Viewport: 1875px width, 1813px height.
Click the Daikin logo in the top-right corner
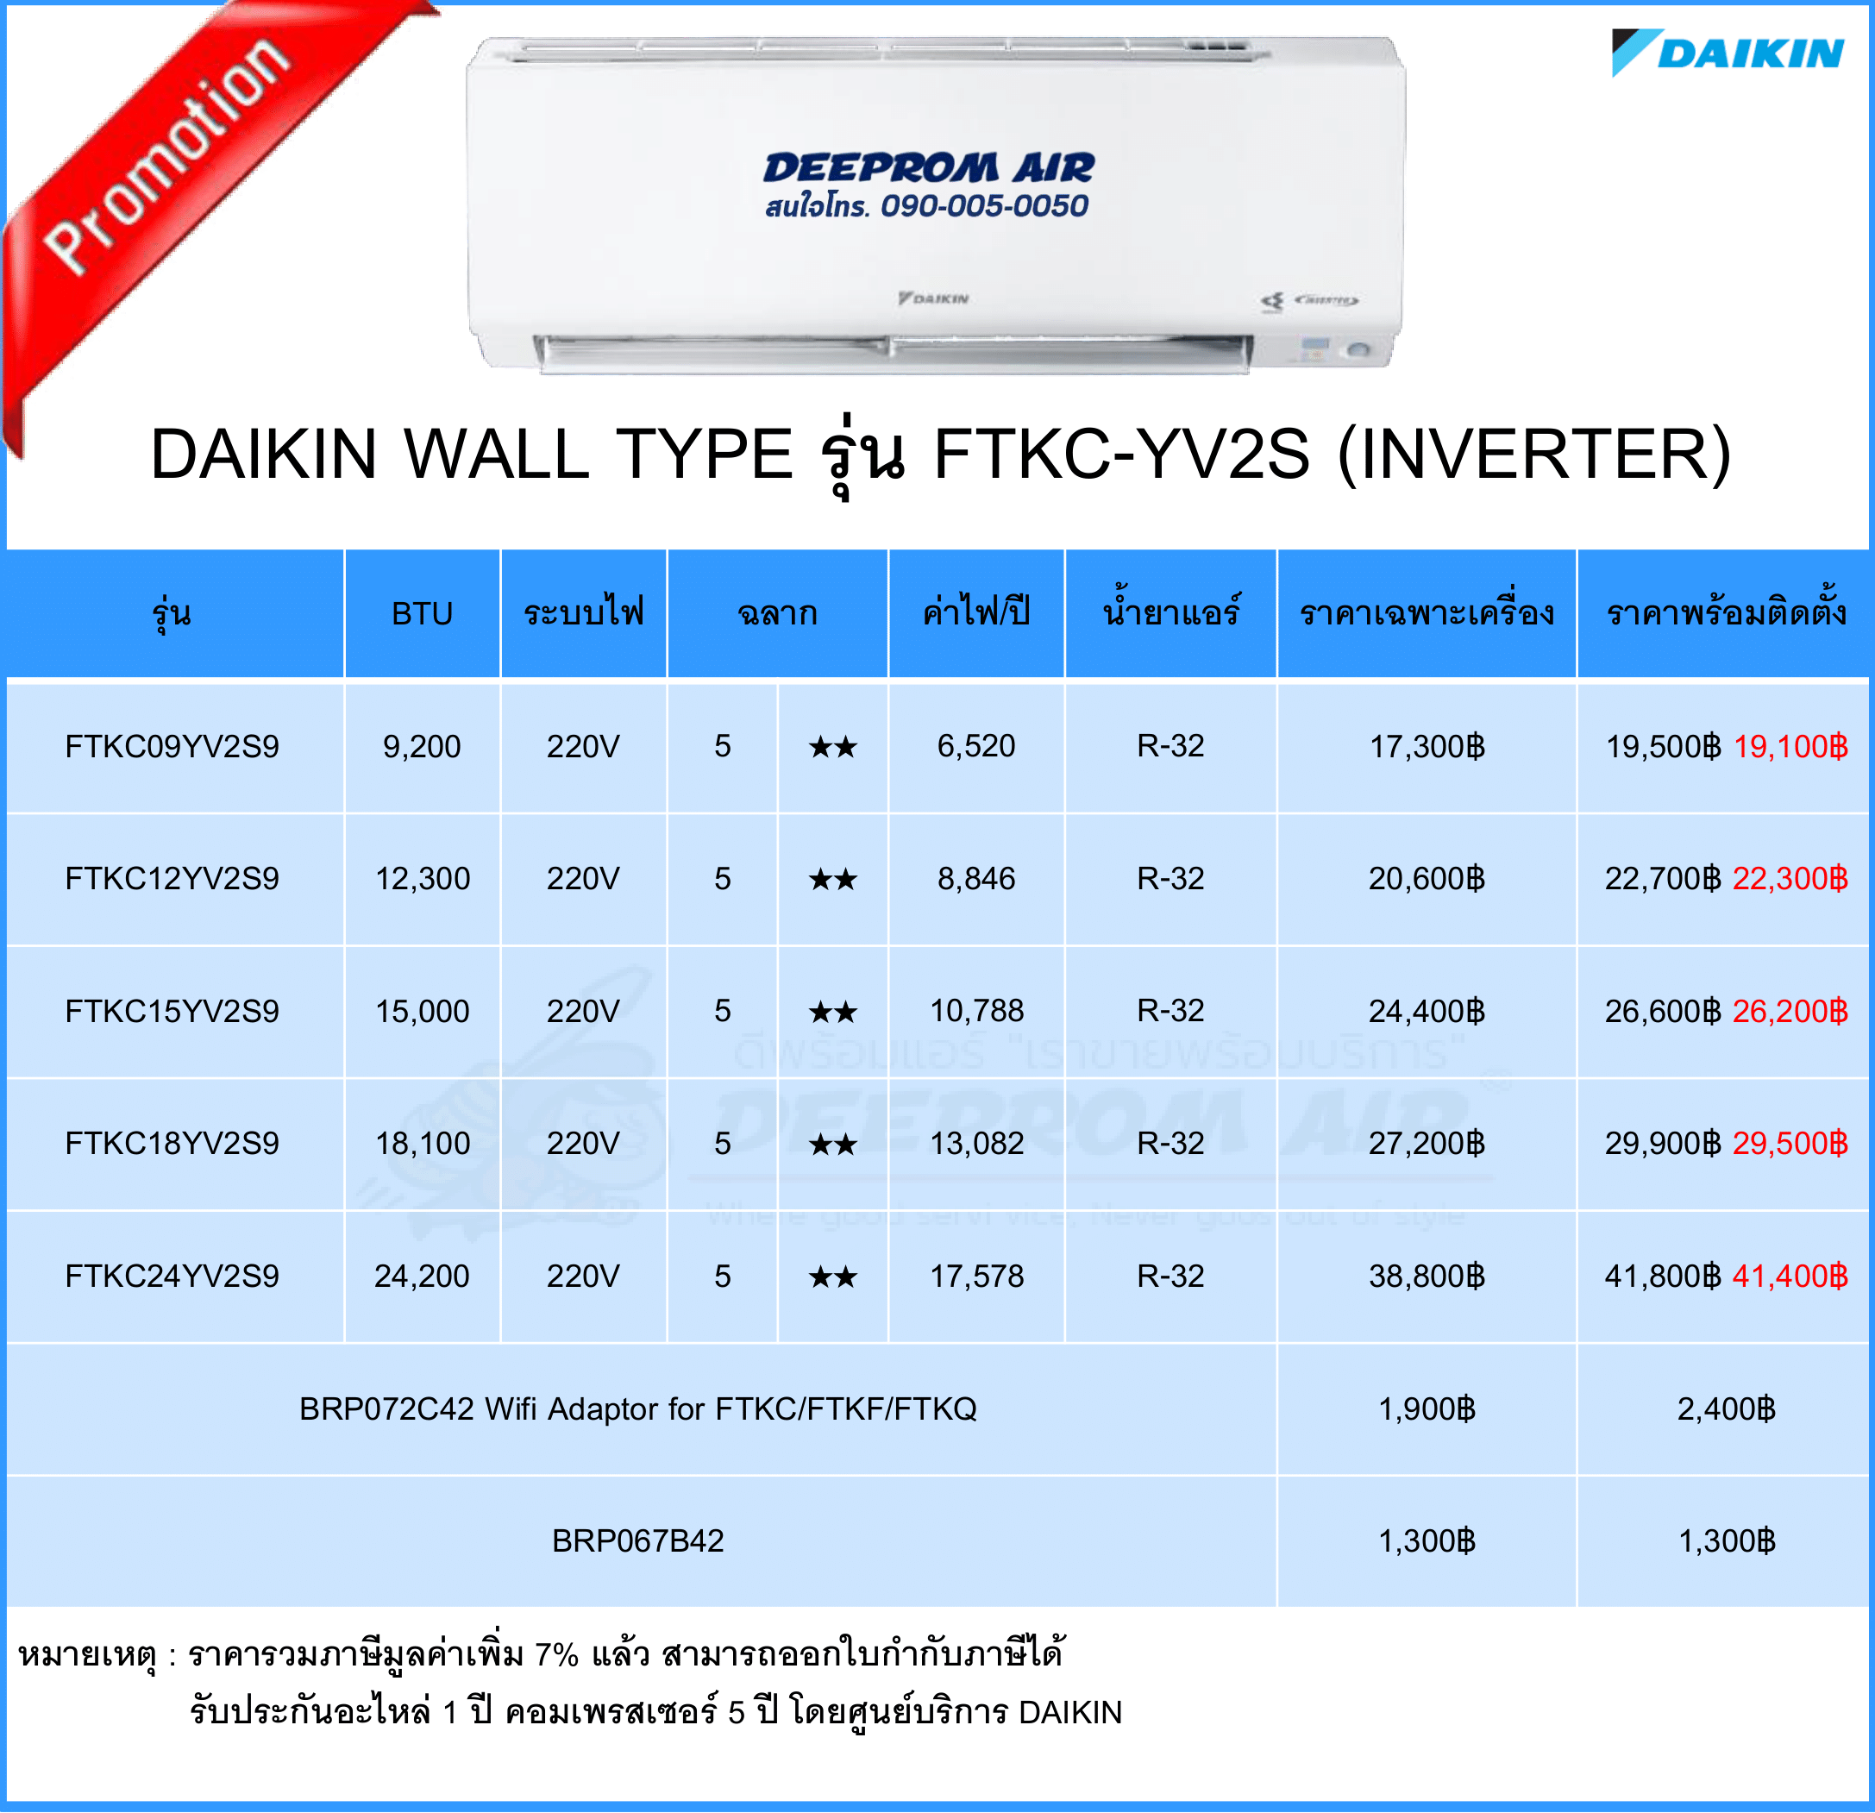click(1728, 52)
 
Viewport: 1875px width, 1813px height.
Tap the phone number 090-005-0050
click(984, 205)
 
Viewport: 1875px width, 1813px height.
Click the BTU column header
click(422, 613)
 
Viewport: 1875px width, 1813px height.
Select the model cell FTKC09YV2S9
click(172, 746)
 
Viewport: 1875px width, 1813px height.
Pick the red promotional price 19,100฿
click(1790, 746)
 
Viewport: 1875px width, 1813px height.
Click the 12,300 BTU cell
click(422, 878)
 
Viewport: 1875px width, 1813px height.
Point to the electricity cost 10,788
click(976, 1010)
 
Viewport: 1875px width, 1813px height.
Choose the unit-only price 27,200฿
click(1427, 1144)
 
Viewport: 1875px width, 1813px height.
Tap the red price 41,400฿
click(1790, 1276)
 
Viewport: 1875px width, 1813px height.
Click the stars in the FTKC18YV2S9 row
click(832, 1145)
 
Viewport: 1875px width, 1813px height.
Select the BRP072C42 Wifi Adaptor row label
click(638, 1409)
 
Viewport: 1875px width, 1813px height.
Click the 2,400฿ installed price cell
click(1726, 1408)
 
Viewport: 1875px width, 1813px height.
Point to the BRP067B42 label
click(638, 1540)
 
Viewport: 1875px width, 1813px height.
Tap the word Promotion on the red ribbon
click(168, 156)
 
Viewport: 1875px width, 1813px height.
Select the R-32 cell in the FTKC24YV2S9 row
click(1170, 1276)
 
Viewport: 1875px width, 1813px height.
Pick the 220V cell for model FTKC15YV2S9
click(582, 1011)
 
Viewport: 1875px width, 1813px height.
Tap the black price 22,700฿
click(1663, 878)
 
